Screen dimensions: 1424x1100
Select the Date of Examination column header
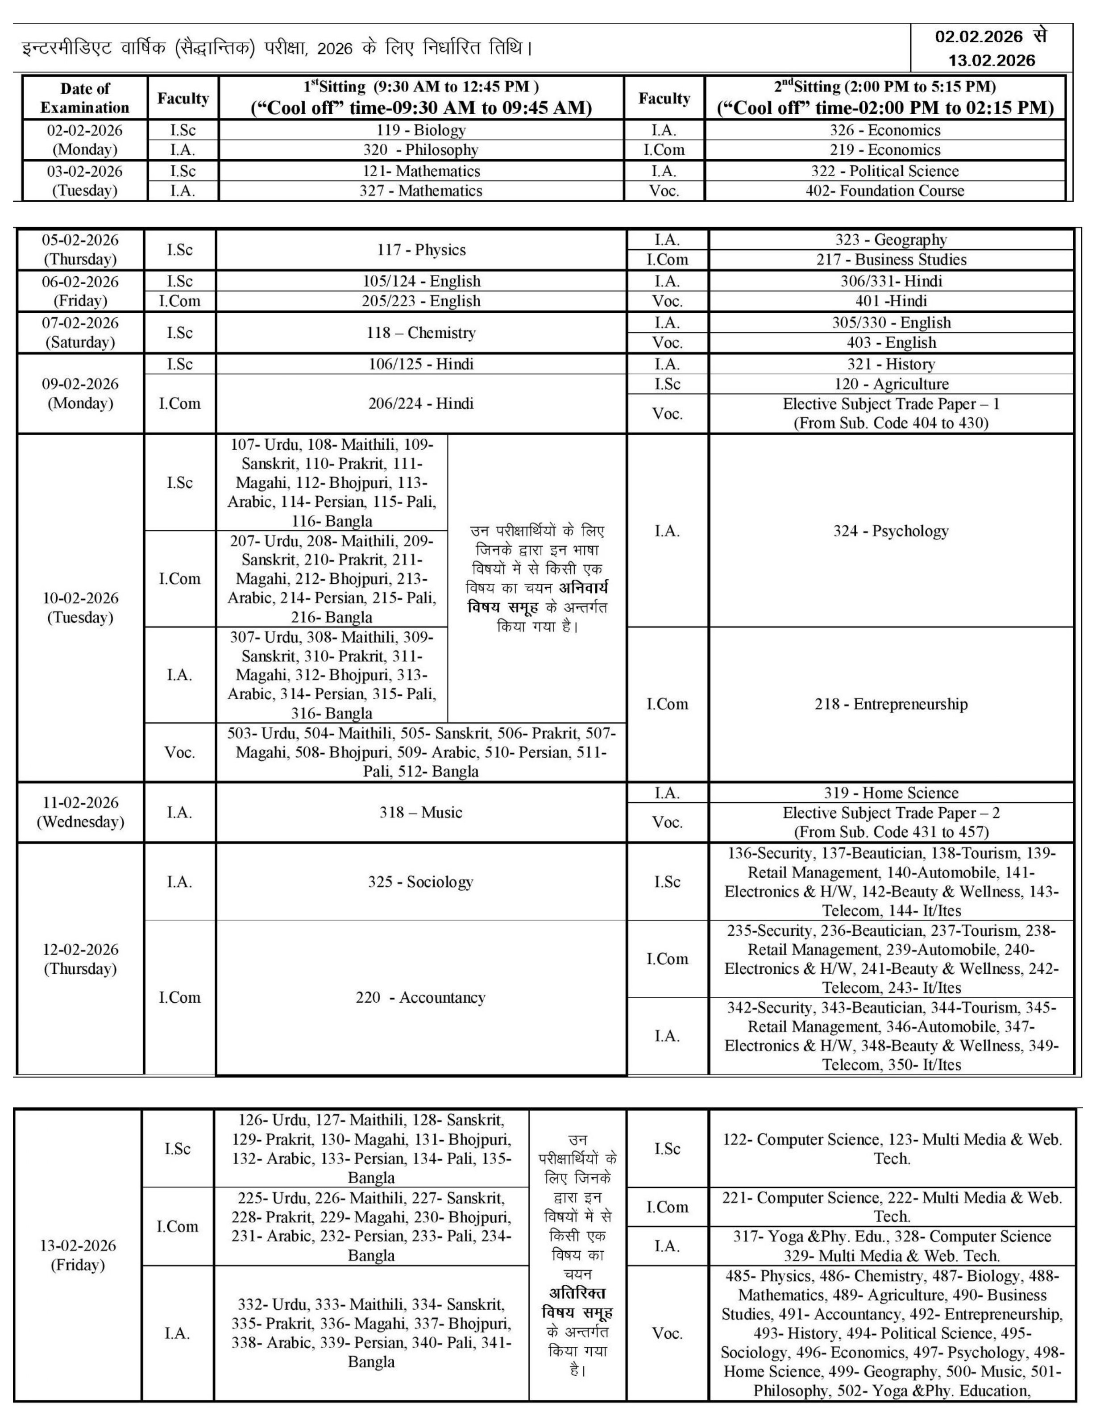85,98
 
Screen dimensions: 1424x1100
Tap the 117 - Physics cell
421,250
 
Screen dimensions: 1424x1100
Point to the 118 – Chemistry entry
421,332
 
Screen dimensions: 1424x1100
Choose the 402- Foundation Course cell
885,191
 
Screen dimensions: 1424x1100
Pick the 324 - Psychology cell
891,531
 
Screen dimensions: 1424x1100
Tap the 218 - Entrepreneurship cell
891,704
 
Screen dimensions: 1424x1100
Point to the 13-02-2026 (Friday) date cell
78,1255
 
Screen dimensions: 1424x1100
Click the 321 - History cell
891,364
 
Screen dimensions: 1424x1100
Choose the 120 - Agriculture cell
891,384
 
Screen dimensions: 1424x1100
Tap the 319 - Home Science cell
891,793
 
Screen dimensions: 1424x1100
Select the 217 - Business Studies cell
891,260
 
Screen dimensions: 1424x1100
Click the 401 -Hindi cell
891,301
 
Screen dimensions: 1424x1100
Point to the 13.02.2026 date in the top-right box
991,61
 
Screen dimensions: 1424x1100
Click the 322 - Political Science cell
885,171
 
